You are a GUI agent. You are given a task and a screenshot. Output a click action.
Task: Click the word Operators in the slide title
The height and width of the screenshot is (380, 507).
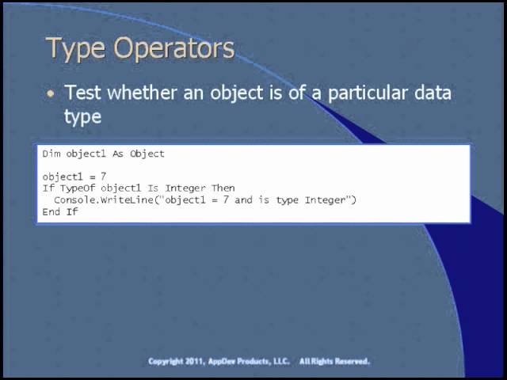click(174, 48)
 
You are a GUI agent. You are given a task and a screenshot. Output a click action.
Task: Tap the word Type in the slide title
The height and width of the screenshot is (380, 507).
click(77, 48)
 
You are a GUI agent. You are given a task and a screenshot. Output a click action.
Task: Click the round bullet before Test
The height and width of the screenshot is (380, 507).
click(51, 93)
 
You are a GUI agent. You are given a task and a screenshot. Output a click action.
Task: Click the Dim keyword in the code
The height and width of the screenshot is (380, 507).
click(51, 154)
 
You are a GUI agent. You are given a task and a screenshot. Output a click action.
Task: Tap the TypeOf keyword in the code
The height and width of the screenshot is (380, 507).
click(78, 188)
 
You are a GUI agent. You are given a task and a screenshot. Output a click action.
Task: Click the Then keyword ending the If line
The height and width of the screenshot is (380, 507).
click(223, 188)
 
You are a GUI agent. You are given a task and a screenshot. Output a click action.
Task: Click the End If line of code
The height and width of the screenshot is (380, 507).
click(60, 212)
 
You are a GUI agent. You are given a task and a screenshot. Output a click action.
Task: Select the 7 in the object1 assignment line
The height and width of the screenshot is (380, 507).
click(104, 177)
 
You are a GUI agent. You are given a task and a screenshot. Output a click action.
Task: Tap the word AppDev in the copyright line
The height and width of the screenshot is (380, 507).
click(224, 361)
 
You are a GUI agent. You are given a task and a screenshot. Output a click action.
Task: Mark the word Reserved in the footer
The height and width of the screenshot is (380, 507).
click(350, 361)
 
